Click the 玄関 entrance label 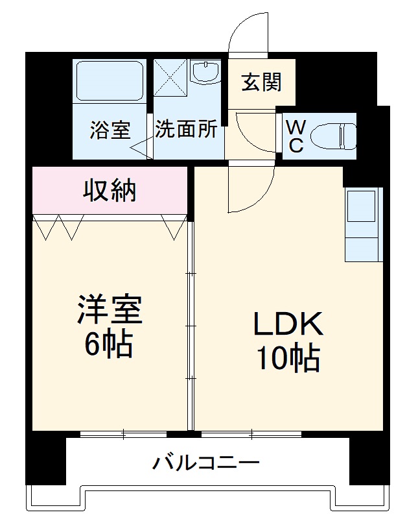click(x=261, y=83)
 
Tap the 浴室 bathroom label click(x=110, y=130)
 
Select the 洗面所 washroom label click(x=186, y=129)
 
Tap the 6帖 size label click(x=110, y=345)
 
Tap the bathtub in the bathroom click(x=109, y=80)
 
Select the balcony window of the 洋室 click(x=123, y=433)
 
